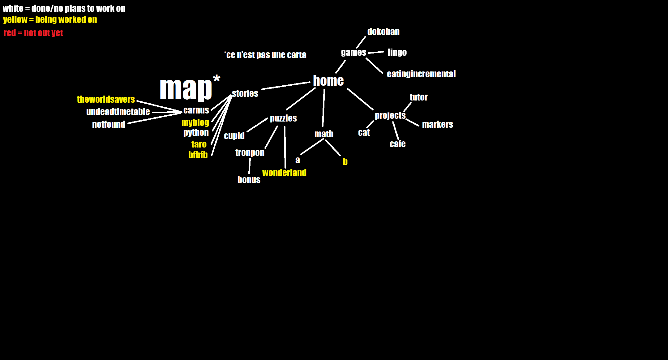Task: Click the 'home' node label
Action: [x=328, y=81]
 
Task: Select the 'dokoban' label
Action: [x=383, y=32]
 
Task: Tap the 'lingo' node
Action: [x=397, y=53]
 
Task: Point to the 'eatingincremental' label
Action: [x=421, y=74]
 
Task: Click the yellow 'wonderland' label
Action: [x=284, y=173]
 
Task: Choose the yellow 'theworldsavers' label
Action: [x=106, y=99]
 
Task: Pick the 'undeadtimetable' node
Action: [x=118, y=112]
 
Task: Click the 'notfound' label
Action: [x=109, y=124]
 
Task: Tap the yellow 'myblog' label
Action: [x=195, y=123]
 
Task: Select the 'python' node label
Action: [x=196, y=133]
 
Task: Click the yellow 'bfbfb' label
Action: [x=198, y=155]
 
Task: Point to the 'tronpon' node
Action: [x=250, y=153]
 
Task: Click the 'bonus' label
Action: [x=249, y=180]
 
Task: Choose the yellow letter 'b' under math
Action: [x=345, y=162]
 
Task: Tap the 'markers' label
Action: [x=438, y=124]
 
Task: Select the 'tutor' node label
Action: [x=419, y=97]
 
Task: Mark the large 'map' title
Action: [x=186, y=89]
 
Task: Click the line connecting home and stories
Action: [x=286, y=86]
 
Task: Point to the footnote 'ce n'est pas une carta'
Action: [x=265, y=55]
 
